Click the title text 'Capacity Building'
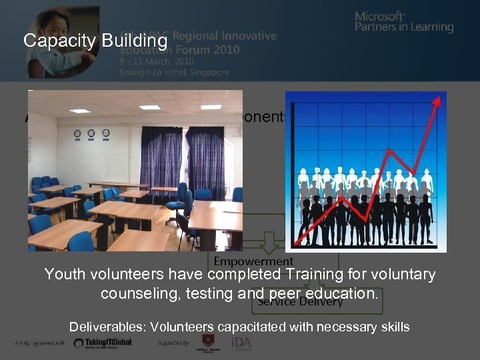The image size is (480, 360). click(95, 41)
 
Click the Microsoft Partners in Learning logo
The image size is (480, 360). click(403, 21)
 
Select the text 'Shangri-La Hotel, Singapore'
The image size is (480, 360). click(175, 72)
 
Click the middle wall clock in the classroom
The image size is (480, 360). click(91, 133)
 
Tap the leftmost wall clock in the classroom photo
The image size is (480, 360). click(77, 133)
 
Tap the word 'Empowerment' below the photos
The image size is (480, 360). click(253, 261)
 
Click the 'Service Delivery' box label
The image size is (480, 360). click(300, 301)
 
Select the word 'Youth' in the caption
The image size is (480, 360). click(64, 274)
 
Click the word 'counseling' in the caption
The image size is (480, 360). click(133, 293)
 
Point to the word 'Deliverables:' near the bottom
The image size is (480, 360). click(108, 327)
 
